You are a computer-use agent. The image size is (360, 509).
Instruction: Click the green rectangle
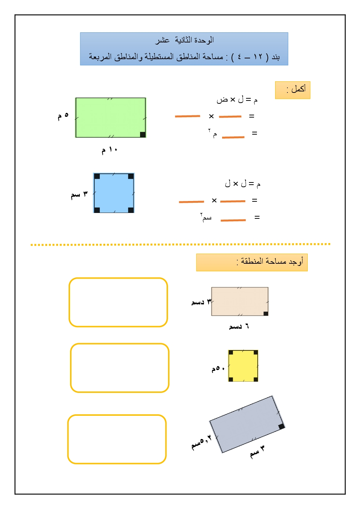(110, 117)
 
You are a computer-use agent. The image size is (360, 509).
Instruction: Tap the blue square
(114, 193)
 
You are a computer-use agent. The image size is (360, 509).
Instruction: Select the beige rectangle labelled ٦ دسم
(240, 301)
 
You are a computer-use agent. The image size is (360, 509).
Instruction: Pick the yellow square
(243, 366)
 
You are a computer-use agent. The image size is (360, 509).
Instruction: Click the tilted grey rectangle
(247, 424)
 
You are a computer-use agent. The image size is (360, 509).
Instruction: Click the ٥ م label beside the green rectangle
(63, 116)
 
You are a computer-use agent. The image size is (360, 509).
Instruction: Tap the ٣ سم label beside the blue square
(79, 194)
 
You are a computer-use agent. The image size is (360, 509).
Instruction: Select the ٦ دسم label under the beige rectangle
(239, 327)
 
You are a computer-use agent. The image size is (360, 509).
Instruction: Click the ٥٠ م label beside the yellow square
(218, 369)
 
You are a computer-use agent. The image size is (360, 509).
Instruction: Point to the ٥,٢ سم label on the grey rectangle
(201, 442)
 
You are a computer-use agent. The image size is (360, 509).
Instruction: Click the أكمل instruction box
(292, 90)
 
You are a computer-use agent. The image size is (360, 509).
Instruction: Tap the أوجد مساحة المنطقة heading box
(252, 262)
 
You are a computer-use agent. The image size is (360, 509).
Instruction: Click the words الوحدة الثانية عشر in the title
(184, 40)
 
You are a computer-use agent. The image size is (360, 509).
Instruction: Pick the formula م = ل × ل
(242, 184)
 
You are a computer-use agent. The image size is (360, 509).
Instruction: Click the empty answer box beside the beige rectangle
(118, 302)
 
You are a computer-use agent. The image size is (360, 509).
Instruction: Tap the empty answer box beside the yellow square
(120, 368)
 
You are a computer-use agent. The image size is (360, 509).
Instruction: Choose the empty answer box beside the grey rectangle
(117, 439)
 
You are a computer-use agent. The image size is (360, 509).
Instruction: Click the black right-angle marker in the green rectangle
(143, 135)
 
